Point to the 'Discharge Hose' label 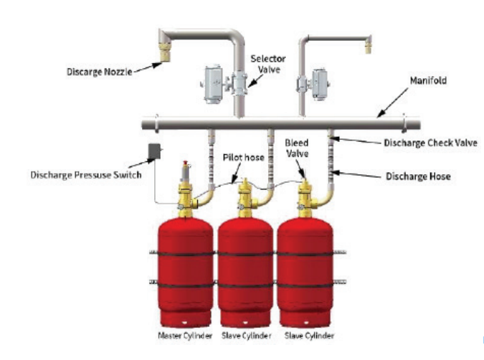click(x=418, y=176)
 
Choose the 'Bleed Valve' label click(x=298, y=148)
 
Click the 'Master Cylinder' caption click(x=184, y=336)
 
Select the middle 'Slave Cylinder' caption click(x=245, y=336)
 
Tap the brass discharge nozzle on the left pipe click(x=163, y=49)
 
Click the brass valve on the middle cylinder click(x=246, y=194)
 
